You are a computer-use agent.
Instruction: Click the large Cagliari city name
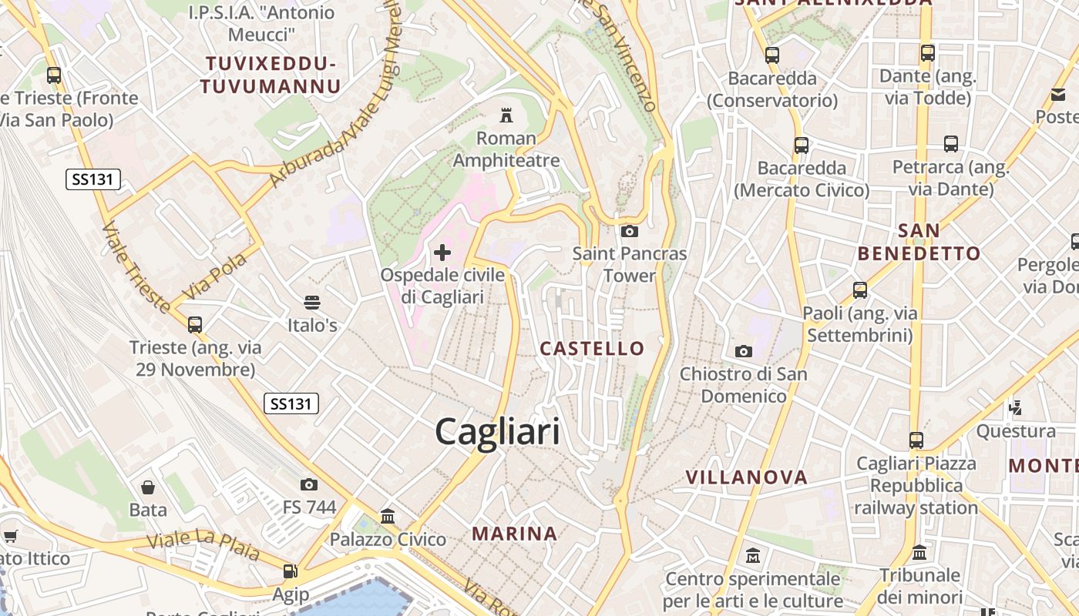(x=497, y=431)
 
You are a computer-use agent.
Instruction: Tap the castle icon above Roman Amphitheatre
(x=506, y=116)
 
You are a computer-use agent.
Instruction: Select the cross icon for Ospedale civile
(x=442, y=252)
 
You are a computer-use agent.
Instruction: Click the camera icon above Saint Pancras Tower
(x=630, y=231)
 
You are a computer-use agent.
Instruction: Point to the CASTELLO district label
(x=592, y=349)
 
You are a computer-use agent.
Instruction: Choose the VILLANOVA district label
(x=746, y=477)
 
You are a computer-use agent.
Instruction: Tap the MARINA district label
(x=514, y=534)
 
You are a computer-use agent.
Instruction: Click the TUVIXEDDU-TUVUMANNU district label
(x=270, y=75)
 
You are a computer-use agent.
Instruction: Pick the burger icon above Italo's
(x=312, y=303)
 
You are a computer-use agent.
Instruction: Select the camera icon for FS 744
(x=309, y=484)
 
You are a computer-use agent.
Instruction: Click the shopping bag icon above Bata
(x=148, y=487)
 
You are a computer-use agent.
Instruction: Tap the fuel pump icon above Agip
(x=291, y=571)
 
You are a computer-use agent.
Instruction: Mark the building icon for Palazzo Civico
(x=388, y=516)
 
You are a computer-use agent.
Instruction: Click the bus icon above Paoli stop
(x=860, y=290)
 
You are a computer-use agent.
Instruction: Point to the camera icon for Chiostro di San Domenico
(x=744, y=352)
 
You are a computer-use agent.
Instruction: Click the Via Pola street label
(x=215, y=276)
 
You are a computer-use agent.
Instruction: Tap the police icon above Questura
(x=1016, y=407)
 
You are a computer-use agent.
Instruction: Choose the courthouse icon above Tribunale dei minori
(x=919, y=553)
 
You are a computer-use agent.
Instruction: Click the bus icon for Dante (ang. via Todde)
(x=928, y=53)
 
